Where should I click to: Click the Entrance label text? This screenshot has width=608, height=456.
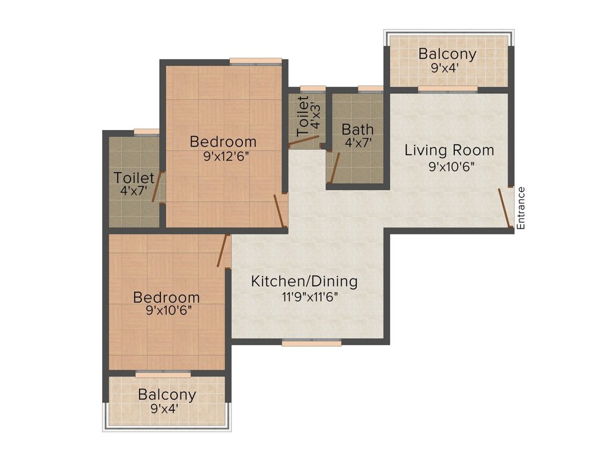(x=521, y=208)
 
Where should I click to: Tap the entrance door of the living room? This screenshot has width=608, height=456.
(x=504, y=208)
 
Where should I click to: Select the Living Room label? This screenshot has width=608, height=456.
(x=449, y=150)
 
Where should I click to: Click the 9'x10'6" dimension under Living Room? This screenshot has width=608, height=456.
(x=452, y=167)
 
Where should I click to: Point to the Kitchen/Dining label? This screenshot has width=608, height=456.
(x=305, y=281)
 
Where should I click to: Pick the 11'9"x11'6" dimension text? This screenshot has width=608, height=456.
(x=310, y=297)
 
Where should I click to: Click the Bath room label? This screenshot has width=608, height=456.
(x=357, y=129)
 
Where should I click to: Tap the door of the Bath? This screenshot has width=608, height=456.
(x=334, y=167)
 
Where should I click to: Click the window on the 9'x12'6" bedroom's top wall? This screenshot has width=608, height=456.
(x=255, y=61)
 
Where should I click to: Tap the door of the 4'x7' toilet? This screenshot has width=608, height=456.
(x=157, y=187)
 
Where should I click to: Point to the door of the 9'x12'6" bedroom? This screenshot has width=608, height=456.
(x=280, y=211)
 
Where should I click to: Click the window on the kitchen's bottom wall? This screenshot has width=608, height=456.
(x=311, y=343)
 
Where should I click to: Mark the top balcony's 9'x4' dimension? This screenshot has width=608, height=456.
(x=445, y=68)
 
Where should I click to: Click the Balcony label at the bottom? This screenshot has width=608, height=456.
(x=167, y=395)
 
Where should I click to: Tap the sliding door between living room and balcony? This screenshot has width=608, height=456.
(x=448, y=90)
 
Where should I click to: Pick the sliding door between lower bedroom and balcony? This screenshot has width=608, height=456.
(x=163, y=374)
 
